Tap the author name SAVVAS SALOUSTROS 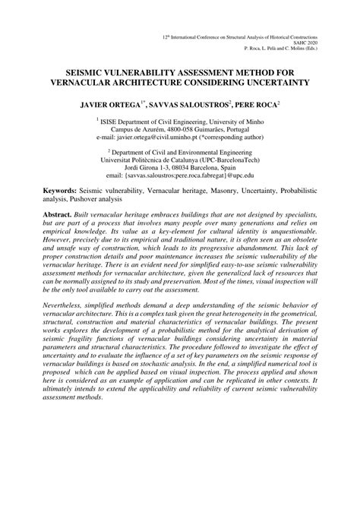pyautogui.click(x=188, y=100)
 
